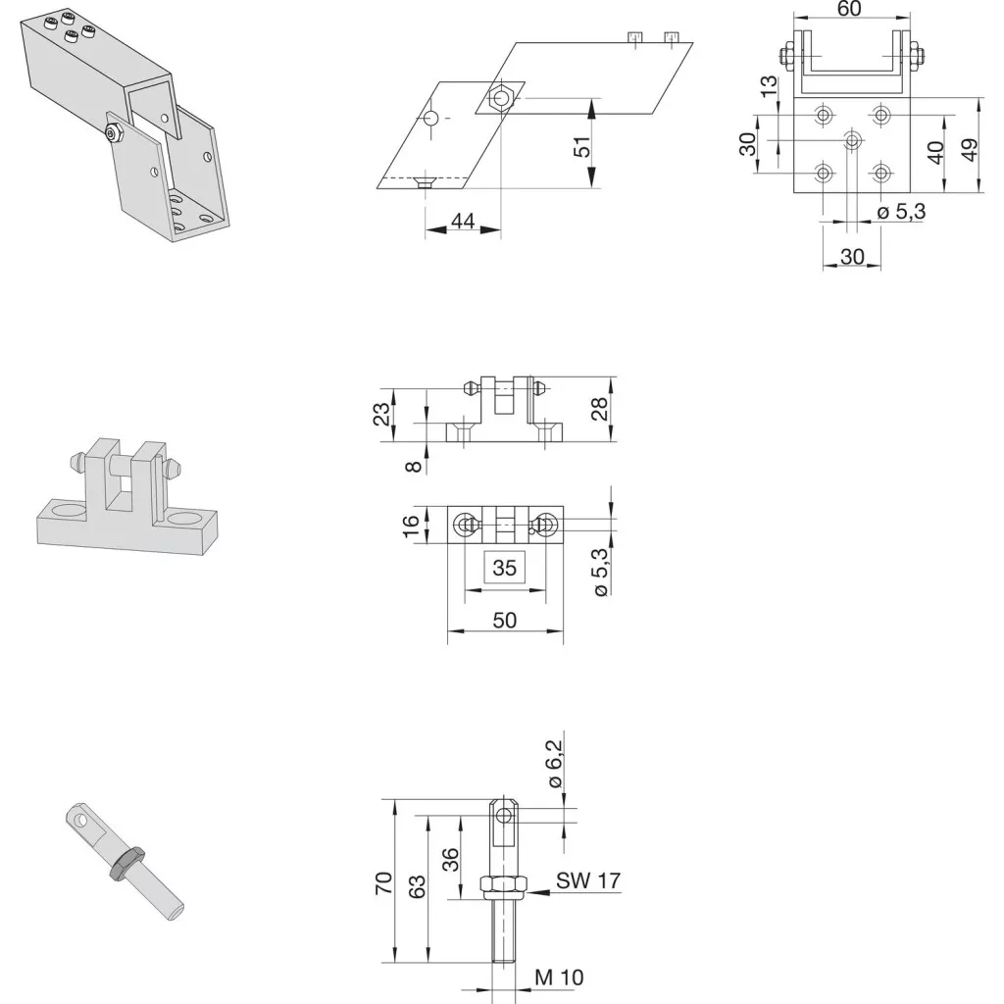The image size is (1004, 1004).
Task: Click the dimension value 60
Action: pos(849,9)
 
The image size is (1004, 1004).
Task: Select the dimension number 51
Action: pos(581,148)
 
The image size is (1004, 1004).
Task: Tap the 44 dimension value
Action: pos(463,221)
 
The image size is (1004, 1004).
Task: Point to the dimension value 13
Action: pos(769,86)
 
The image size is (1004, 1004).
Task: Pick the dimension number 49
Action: pos(970,150)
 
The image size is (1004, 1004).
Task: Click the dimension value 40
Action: pos(935,152)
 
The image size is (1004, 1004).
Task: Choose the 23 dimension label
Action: pos(381,415)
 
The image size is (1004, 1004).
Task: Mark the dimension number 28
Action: pos(599,409)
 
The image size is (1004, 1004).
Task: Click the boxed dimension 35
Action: pos(505,568)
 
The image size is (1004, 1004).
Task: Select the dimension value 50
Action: pos(505,620)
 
